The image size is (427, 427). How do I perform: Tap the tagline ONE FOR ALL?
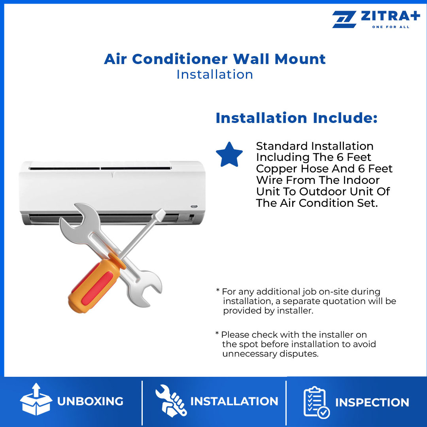391,27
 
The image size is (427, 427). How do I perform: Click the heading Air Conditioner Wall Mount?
215,59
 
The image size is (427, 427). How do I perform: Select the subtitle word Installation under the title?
215,74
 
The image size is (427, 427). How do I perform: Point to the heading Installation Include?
297,118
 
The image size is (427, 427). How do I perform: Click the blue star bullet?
229,155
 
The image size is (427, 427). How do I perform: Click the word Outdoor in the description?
328,191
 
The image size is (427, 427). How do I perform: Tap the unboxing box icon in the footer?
36,401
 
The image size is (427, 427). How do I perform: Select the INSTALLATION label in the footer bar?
234,401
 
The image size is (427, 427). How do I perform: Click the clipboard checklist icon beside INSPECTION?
316,402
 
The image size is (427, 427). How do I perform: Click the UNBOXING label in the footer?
90,401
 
